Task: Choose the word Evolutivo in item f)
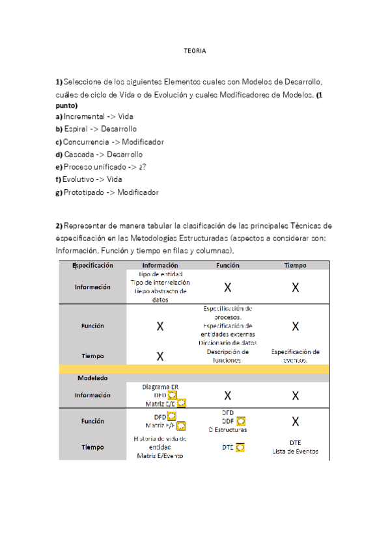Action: point(79,179)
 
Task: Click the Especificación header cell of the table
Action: point(92,265)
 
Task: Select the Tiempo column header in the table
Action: point(295,265)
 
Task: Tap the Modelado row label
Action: point(92,378)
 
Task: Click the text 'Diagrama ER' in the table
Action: point(160,387)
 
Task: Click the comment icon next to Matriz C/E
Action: point(182,403)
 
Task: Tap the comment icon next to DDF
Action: point(242,421)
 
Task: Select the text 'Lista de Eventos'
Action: point(295,452)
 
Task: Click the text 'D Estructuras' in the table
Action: point(228,429)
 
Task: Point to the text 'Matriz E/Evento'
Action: point(160,455)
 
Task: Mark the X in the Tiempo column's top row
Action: point(295,287)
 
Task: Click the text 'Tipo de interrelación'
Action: point(160,283)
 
